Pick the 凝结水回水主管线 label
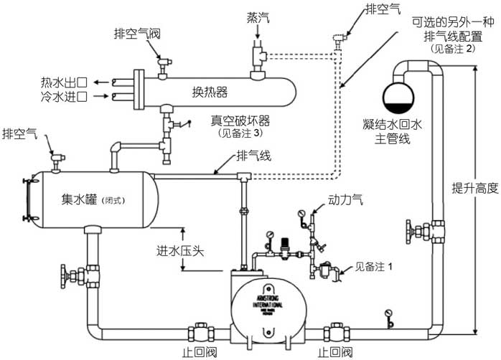click(x=391, y=131)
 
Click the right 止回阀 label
click(x=334, y=352)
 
